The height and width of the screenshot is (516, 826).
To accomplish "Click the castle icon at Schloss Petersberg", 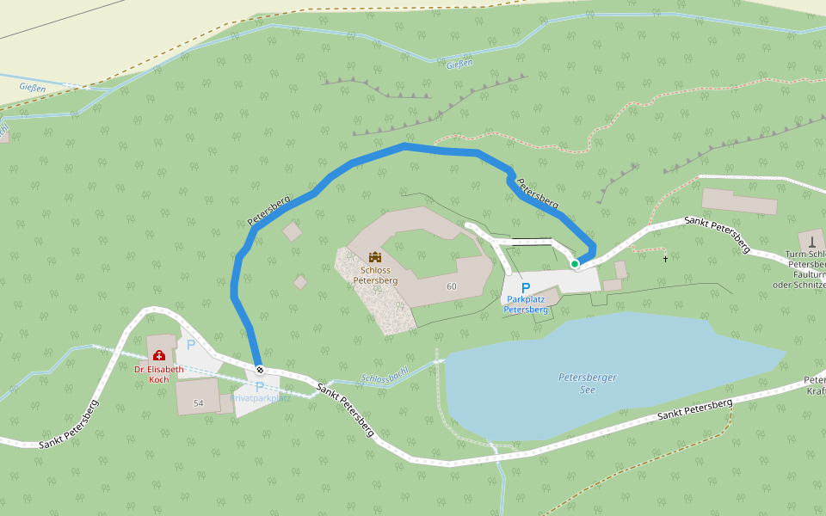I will tap(375, 256).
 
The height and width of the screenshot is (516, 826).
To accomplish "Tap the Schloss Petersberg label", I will tap(375, 274).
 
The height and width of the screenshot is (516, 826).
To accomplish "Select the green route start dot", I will tap(575, 264).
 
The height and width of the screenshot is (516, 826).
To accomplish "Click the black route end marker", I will tap(260, 370).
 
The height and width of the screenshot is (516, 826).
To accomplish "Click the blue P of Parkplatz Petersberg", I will tap(526, 288).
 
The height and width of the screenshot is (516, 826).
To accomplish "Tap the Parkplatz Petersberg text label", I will tap(526, 304).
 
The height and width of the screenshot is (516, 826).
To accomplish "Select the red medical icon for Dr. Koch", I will tap(158, 355).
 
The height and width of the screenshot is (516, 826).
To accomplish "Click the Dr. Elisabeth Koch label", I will tap(158, 374).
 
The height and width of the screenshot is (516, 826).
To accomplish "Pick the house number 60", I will tap(452, 286).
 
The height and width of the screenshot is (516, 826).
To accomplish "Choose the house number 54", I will tap(199, 403).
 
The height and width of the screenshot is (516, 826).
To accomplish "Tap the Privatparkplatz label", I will tap(260, 398).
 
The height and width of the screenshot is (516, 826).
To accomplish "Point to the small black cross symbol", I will tap(665, 258).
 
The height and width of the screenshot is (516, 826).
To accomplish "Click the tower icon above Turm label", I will tap(811, 241).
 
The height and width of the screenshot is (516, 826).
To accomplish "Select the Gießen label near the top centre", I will tap(460, 64).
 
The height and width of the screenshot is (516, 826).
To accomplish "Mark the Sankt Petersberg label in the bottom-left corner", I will tap(69, 424).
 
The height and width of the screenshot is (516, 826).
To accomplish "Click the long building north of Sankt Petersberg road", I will tap(739, 201).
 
